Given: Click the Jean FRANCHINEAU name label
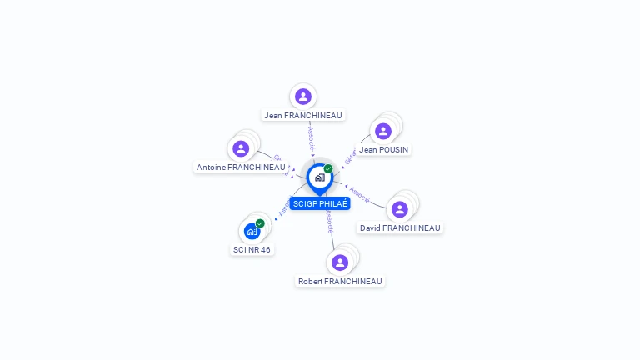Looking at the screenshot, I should pyautogui.click(x=302, y=116).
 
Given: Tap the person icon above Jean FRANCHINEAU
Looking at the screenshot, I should pyautogui.click(x=303, y=97).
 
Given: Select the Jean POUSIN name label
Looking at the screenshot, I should pyautogui.click(x=384, y=150).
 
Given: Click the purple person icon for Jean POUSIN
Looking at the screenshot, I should pyautogui.click(x=383, y=131).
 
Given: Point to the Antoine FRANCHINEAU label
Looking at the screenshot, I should pyautogui.click(x=241, y=167).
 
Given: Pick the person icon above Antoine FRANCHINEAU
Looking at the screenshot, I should pyautogui.click(x=241, y=148).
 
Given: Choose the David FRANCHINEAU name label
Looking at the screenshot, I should pyautogui.click(x=399, y=228).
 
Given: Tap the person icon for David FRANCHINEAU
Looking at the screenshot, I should pyautogui.click(x=400, y=209).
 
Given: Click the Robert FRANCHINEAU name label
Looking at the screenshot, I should pyautogui.click(x=340, y=282).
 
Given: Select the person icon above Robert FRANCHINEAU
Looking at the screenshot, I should pyautogui.click(x=340, y=262).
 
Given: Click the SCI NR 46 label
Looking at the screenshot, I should pyautogui.click(x=251, y=250).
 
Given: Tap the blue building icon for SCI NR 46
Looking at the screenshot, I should pyautogui.click(x=252, y=231).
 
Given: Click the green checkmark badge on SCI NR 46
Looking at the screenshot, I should pyautogui.click(x=260, y=223).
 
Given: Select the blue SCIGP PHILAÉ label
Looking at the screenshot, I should pyautogui.click(x=320, y=204).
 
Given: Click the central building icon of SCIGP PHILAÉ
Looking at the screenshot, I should pyautogui.click(x=319, y=177).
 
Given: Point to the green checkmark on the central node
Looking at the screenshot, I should pyautogui.click(x=328, y=169).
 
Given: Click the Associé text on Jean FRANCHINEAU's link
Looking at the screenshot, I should pyautogui.click(x=311, y=137).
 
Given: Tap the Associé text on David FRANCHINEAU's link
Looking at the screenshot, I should pyautogui.click(x=360, y=194).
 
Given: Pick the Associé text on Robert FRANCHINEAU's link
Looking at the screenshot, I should pyautogui.click(x=329, y=222).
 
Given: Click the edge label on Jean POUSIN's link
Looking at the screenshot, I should pyautogui.click(x=350, y=155).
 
